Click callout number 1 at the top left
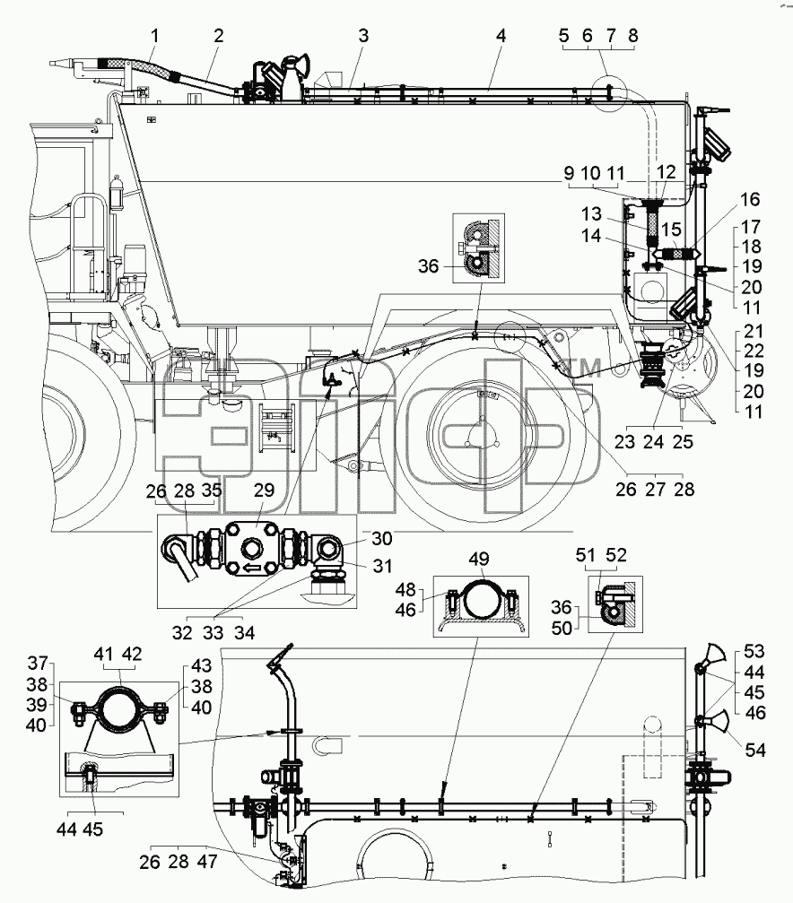(154, 36)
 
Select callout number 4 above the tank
(501, 36)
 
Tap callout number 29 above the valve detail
(264, 491)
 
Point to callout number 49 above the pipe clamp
(479, 559)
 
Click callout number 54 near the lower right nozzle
(755, 750)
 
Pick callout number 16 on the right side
(750, 199)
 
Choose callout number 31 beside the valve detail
(383, 566)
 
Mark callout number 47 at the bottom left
(207, 862)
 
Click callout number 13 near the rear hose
(591, 214)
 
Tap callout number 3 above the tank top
(363, 36)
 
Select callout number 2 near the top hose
(218, 36)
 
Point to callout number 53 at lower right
(754, 651)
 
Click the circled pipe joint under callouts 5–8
(610, 92)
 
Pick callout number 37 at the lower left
(38, 664)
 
